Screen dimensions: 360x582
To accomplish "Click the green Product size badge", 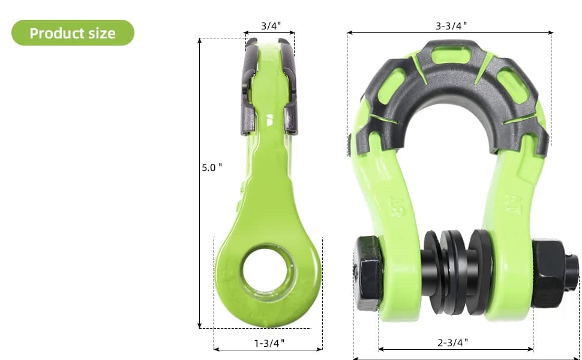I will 73,33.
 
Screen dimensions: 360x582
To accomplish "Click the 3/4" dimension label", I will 270,26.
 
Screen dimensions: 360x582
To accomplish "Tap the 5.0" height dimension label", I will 212,167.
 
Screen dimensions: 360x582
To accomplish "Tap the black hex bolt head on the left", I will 367,273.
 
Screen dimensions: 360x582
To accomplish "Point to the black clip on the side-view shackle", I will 269,87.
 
